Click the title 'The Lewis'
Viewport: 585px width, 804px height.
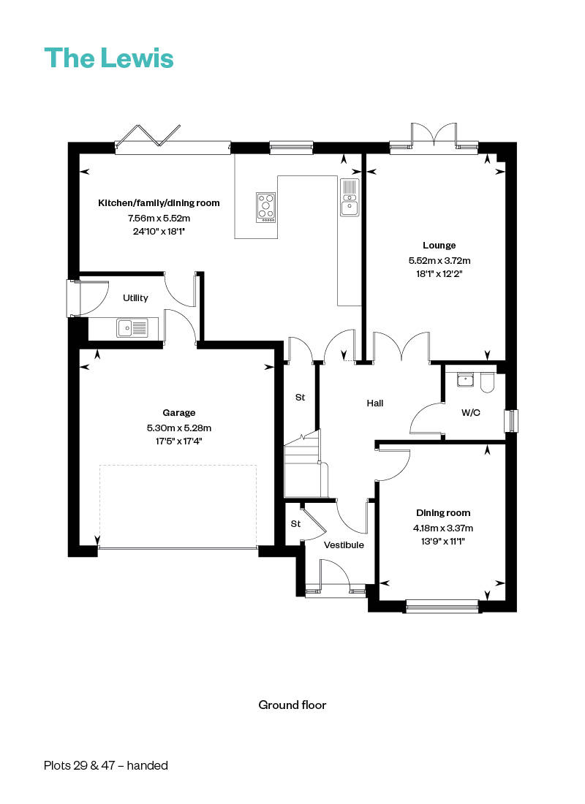109,58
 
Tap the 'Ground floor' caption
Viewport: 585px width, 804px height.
292,705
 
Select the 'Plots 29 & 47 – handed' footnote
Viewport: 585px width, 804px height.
105,765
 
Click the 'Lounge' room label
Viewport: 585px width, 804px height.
439,246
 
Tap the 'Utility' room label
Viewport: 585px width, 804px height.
135,298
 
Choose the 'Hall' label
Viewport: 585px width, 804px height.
375,403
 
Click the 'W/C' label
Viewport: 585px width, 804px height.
471,413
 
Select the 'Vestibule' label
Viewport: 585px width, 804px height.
344,545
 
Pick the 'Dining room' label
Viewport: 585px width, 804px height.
443,513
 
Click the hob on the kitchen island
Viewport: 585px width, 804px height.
266,207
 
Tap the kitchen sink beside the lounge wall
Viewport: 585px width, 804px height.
350,197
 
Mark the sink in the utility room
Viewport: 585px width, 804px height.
132,328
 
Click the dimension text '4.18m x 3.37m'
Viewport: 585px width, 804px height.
443,528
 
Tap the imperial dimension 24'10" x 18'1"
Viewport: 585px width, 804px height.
158,232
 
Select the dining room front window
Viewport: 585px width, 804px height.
442,605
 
